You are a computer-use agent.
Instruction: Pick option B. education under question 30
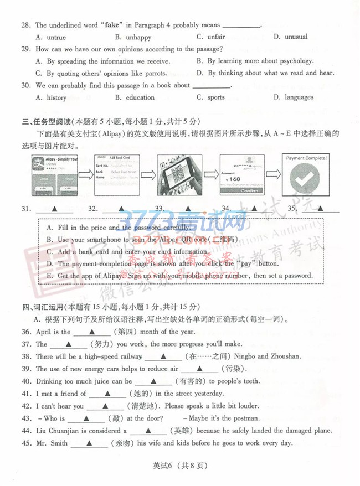click(135, 97)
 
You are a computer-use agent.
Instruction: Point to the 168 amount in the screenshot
click(234, 179)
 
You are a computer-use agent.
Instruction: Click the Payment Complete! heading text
click(306, 158)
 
